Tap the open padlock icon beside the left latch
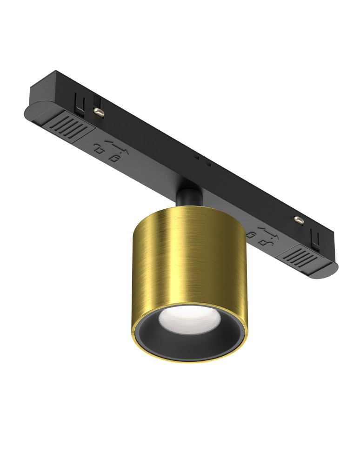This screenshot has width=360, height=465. pyautogui.click(x=99, y=149)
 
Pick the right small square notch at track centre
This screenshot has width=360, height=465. pyautogui.click(x=209, y=164)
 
